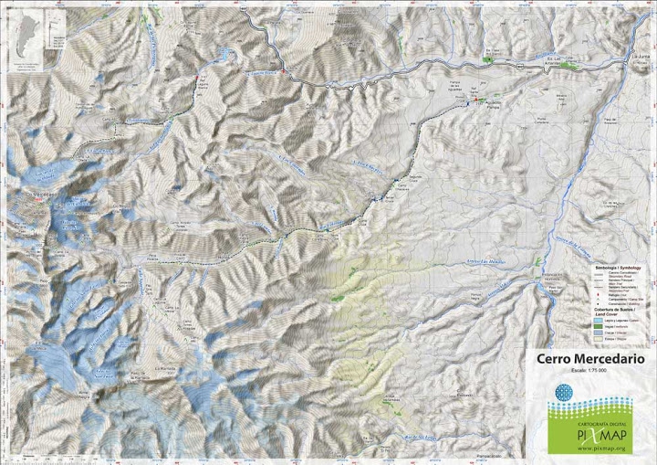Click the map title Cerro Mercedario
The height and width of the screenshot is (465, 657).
pos(590,360)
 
